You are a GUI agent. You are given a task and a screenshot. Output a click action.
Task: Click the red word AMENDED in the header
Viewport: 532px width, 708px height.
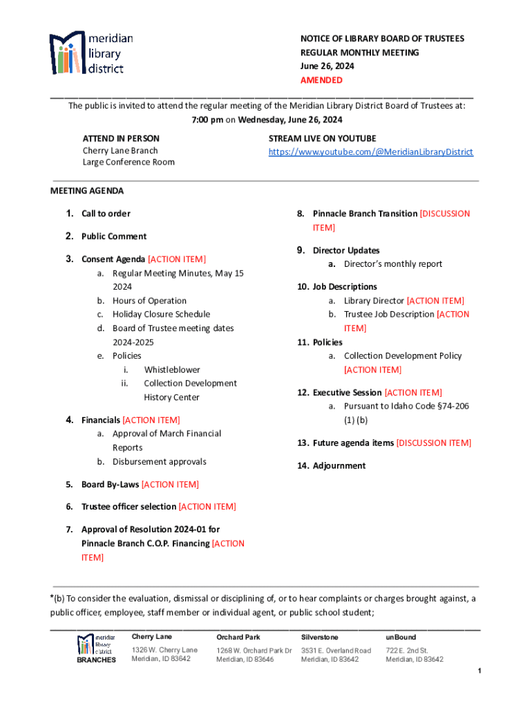click(x=321, y=80)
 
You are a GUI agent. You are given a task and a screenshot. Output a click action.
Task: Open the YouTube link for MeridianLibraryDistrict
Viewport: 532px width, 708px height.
click(x=370, y=151)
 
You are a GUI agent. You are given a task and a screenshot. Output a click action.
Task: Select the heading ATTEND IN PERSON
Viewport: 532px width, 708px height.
click(x=121, y=138)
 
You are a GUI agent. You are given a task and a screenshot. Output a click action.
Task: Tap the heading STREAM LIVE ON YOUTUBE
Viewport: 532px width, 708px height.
click(x=322, y=138)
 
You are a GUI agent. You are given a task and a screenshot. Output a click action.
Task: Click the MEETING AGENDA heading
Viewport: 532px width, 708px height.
click(x=87, y=191)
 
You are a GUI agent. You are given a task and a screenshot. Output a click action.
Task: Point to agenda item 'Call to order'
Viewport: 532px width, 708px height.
click(x=106, y=214)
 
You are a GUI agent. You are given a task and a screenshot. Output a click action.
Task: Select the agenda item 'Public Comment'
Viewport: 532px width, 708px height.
click(x=114, y=236)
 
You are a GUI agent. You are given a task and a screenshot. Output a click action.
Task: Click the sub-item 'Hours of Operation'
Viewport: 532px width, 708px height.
click(x=149, y=301)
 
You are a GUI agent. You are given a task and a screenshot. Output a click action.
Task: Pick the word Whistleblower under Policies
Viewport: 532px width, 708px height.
click(x=172, y=370)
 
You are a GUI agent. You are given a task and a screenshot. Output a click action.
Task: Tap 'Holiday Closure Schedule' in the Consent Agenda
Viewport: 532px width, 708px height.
click(x=161, y=315)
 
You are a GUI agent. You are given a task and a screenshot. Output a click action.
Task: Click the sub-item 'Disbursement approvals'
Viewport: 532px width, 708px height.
click(x=160, y=462)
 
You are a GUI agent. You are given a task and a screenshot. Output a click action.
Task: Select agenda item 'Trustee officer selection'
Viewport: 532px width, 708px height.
click(x=129, y=507)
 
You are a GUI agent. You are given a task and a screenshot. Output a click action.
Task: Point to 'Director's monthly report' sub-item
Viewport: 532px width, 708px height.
click(x=393, y=264)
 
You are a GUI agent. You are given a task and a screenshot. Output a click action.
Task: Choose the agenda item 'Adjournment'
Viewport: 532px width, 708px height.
click(x=339, y=466)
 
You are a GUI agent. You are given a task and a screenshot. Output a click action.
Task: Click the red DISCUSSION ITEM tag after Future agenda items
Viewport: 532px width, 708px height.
click(x=434, y=443)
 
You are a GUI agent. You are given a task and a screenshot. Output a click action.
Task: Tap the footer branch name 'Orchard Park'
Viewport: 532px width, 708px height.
click(x=238, y=637)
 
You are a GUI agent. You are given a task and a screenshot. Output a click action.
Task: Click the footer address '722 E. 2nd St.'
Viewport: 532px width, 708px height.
click(x=408, y=651)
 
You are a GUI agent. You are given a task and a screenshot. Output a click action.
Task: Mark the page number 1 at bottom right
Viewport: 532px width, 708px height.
click(x=478, y=672)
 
